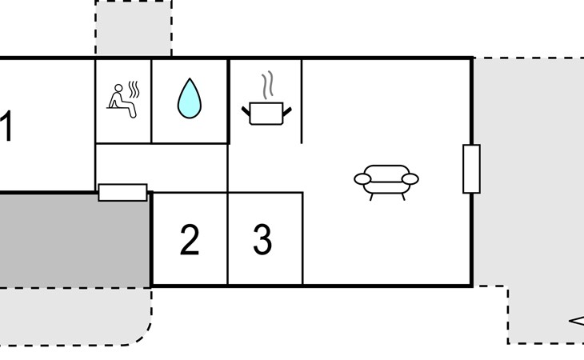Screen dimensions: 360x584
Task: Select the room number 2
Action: click(190, 240)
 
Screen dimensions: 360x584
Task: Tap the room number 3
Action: click(262, 240)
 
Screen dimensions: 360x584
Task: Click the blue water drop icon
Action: click(190, 98)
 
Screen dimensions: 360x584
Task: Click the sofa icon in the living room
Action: click(386, 181)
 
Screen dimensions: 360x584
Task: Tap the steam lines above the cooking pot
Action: click(268, 84)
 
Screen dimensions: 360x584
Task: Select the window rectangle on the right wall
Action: click(471, 169)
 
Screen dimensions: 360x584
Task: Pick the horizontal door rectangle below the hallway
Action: click(122, 192)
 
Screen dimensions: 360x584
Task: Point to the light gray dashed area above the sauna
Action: click(134, 29)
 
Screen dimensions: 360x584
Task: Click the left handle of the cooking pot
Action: click(246, 110)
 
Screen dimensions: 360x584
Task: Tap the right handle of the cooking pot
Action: click(287, 110)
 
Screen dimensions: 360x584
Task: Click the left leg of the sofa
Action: click(372, 195)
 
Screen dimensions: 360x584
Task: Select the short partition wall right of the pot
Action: click(302, 101)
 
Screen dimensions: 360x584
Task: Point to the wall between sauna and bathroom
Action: click(152, 101)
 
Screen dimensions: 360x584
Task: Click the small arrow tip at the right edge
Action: click(572, 322)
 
